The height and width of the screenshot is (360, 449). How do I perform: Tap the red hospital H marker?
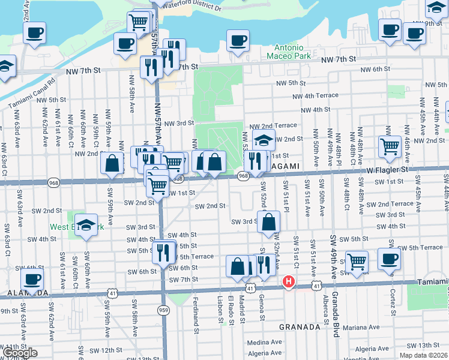coord(289,281)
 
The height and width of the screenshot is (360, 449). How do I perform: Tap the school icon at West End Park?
coord(86,224)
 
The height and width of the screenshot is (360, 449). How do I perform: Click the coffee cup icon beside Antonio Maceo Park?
coord(238,40)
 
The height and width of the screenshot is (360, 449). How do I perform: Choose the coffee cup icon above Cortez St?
coord(389,259)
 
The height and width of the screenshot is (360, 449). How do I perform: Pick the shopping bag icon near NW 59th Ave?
coord(112,163)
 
